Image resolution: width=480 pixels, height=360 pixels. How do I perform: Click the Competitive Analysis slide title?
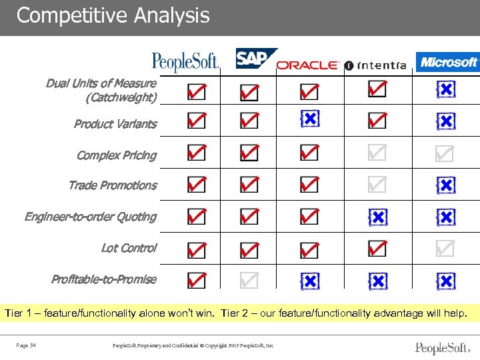(113, 15)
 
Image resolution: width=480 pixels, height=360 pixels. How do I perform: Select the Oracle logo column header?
(307, 65)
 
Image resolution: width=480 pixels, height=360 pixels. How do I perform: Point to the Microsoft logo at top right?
(447, 62)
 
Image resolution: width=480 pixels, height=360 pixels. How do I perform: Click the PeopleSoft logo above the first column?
(186, 63)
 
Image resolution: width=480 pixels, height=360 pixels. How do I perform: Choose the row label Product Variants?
(115, 124)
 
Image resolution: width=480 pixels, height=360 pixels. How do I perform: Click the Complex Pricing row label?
(117, 155)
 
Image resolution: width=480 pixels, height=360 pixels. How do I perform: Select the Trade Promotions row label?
(113, 185)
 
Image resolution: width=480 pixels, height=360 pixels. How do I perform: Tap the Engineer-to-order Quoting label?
(91, 217)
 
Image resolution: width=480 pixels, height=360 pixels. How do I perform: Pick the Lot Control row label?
(129, 248)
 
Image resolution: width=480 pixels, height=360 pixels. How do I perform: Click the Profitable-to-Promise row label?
(104, 279)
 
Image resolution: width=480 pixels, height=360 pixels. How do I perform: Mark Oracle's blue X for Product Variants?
(309, 119)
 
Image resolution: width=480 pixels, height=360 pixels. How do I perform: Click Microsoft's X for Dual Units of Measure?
(445, 89)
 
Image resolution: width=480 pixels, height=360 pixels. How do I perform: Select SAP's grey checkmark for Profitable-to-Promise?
(249, 281)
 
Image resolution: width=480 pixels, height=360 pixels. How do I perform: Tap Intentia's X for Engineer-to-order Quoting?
(377, 217)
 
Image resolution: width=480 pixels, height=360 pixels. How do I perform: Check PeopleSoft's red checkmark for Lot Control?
(196, 249)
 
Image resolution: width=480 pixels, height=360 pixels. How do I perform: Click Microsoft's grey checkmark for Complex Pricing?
(444, 154)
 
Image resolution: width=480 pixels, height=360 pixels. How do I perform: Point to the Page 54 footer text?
(26, 345)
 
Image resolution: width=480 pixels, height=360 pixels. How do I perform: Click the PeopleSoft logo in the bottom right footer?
(441, 348)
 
